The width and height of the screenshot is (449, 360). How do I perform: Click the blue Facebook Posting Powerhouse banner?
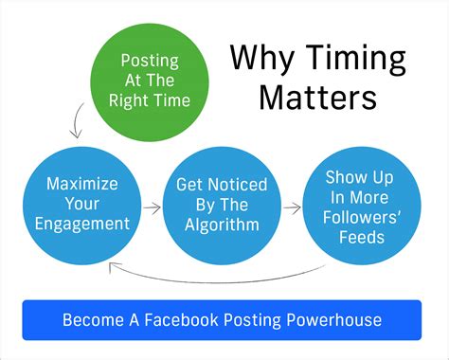tap(222, 319)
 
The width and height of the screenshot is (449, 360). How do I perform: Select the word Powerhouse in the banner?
tap(335, 319)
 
